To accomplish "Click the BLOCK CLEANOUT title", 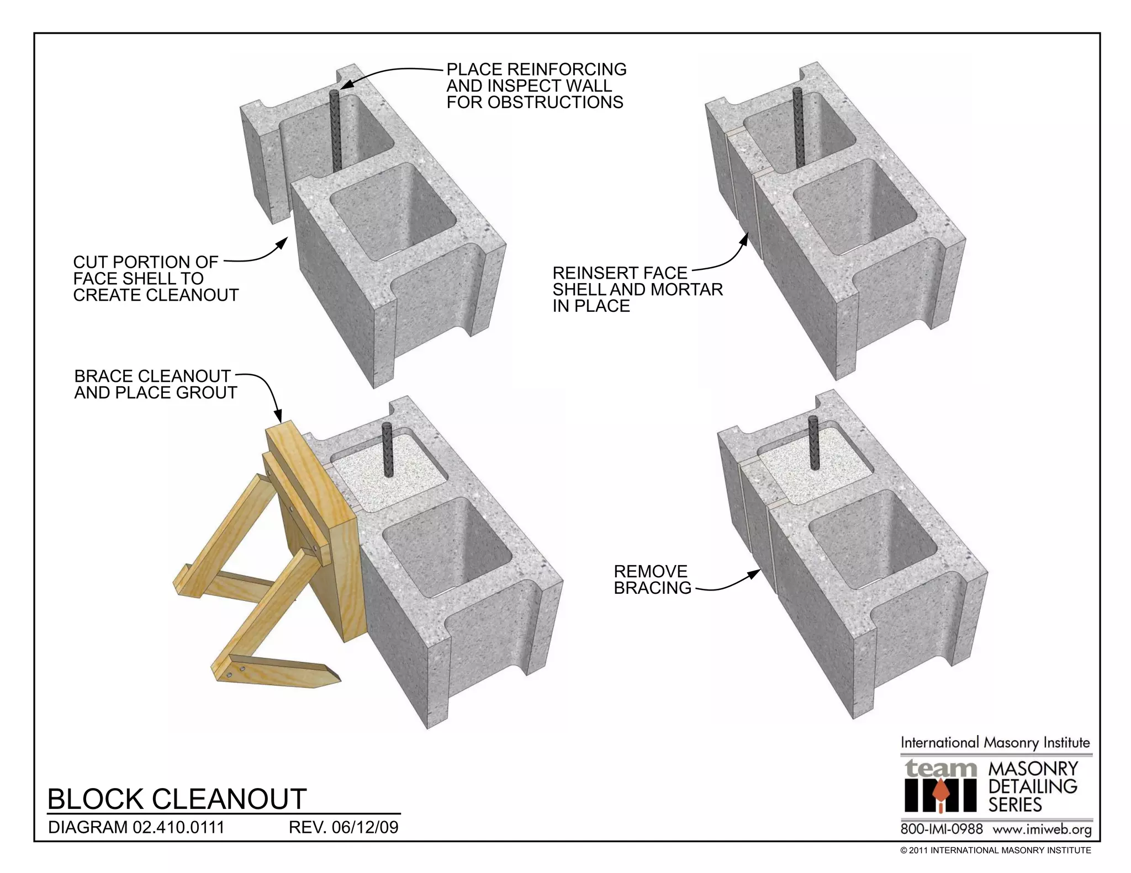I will [x=177, y=799].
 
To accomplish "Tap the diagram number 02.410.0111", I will [x=178, y=827].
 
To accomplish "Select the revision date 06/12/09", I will [x=365, y=827].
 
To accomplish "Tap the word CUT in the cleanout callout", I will [x=91, y=262].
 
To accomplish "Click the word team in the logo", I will [x=940, y=768].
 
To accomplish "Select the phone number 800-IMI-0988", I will [x=942, y=829].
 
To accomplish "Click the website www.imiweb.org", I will [x=1042, y=829].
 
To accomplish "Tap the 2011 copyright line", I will [x=995, y=850].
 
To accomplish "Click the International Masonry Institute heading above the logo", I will [x=995, y=743].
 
